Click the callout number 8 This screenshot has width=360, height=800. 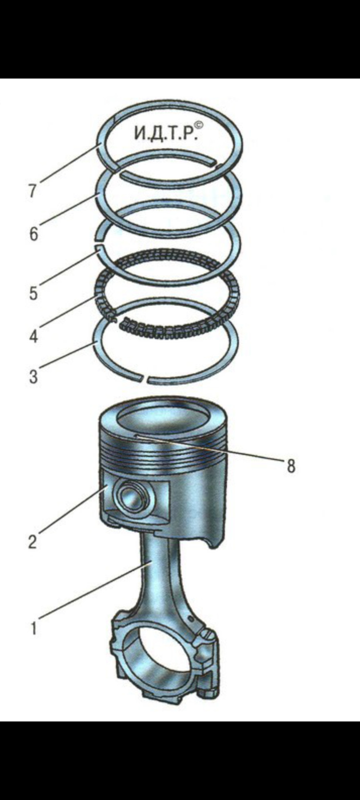(291, 466)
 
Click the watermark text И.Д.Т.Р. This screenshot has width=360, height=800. (165, 133)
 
